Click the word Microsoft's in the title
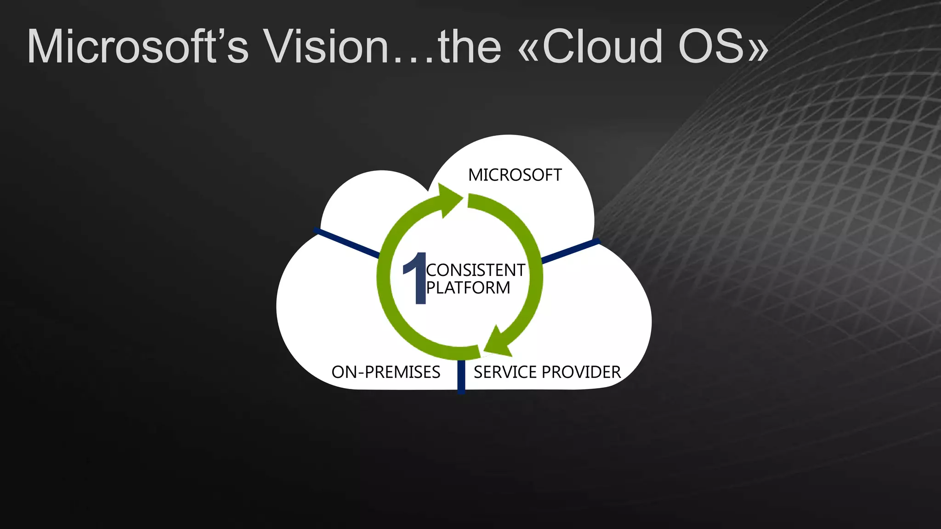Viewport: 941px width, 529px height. pyautogui.click(x=137, y=46)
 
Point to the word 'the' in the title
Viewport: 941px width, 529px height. pyautogui.click(x=469, y=46)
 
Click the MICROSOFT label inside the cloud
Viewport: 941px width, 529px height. pyautogui.click(x=515, y=175)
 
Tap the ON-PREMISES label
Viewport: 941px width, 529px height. pyautogui.click(x=386, y=372)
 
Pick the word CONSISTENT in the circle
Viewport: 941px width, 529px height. pyautogui.click(x=476, y=270)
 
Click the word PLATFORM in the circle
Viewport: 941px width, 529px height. pyautogui.click(x=468, y=288)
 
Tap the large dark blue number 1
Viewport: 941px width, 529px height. pyautogui.click(x=416, y=278)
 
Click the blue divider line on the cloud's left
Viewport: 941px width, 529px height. pyautogui.click(x=347, y=242)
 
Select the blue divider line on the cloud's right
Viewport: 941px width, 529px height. pyautogui.click(x=570, y=251)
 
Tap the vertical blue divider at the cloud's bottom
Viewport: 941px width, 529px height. pyautogui.click(x=461, y=376)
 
